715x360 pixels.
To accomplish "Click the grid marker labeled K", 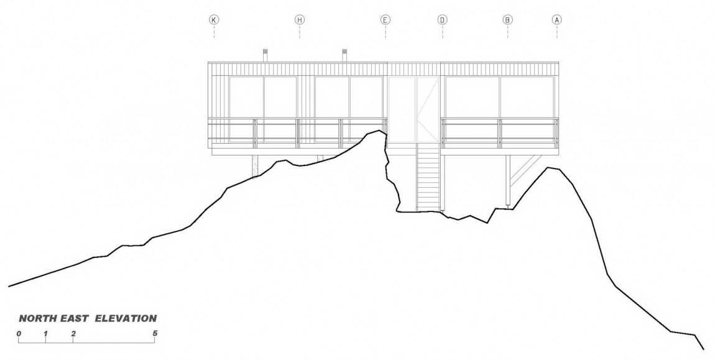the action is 214,20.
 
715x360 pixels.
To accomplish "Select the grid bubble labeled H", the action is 300,20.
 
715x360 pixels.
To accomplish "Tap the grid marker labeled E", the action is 385,20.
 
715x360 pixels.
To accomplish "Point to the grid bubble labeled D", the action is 442,20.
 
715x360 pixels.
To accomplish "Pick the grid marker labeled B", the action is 507,20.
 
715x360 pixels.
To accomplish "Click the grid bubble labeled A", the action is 557,20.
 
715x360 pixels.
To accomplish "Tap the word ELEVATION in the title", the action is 126,318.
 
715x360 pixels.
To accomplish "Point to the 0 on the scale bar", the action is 19,333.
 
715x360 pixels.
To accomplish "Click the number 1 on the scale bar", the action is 45,333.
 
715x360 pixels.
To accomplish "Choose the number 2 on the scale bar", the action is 73,333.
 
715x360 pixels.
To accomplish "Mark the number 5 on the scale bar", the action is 155,333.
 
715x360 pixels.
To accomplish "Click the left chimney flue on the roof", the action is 264,55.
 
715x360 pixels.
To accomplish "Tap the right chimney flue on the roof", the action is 345,55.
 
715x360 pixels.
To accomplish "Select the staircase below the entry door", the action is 428,177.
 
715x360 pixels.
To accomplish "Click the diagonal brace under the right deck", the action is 526,170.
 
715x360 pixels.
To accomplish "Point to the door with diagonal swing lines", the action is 428,109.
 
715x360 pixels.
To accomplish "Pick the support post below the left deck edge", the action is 255,166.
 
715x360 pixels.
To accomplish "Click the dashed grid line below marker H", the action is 300,32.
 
